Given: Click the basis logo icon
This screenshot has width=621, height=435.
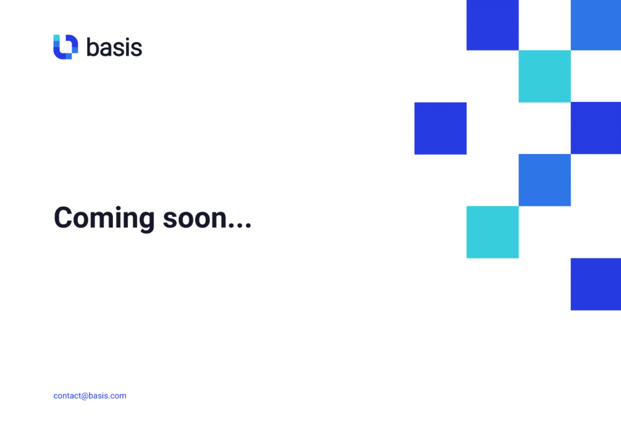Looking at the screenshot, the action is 65,47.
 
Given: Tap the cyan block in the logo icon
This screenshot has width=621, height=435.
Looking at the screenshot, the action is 56,38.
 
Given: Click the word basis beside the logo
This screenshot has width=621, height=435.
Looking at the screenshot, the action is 114,47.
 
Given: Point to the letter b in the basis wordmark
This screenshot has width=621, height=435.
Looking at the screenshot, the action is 92,47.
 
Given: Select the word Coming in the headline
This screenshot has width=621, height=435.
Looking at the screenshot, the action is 104,218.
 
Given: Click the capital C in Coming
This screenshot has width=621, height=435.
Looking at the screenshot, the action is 63,217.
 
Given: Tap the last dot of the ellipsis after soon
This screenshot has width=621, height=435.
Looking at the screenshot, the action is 248,226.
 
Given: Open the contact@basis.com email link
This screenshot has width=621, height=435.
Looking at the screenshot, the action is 90,396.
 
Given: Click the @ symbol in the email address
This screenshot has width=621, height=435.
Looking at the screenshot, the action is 85,396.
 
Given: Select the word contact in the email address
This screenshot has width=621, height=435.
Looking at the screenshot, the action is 67,396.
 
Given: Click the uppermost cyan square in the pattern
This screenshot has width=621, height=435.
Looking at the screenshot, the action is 545,76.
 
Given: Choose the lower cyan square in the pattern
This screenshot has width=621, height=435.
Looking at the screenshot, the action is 492,232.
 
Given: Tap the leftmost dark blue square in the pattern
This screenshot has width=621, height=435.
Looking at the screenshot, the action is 440,129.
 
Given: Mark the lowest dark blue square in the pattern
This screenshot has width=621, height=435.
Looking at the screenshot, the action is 596,284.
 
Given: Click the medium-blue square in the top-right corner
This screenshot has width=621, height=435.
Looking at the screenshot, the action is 596,25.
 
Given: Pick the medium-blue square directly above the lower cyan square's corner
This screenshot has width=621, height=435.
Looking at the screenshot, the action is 545,180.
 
